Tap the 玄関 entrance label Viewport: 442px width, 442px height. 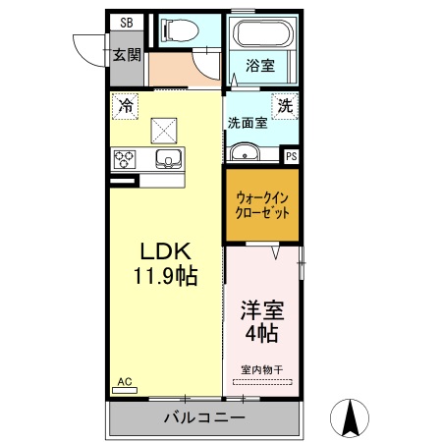(x=125, y=55)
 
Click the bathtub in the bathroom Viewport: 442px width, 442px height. (x=261, y=35)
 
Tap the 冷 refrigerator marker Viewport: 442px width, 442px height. (x=126, y=104)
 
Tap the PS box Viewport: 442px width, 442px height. (x=291, y=155)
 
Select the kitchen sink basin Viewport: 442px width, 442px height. (x=168, y=159)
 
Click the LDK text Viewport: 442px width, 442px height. (x=163, y=250)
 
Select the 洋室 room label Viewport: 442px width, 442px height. (x=262, y=311)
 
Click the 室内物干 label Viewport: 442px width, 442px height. (x=263, y=369)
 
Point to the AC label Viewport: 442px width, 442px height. (x=124, y=381)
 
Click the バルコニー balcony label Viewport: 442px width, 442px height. (x=203, y=417)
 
